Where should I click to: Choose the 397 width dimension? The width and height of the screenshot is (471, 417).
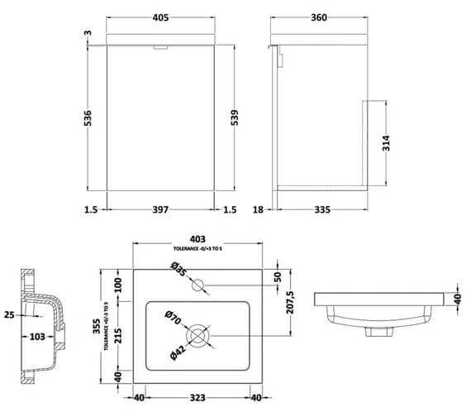[162, 209]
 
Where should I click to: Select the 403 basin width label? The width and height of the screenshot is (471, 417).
[201, 238]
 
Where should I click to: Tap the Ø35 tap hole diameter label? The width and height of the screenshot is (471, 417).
[178, 270]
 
